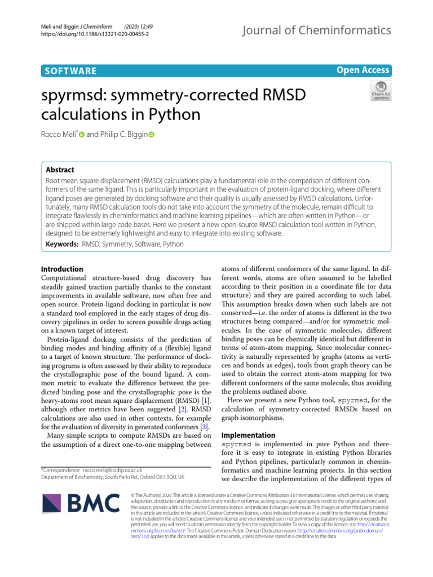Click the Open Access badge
click(x=363, y=70)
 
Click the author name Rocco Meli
click(x=59, y=135)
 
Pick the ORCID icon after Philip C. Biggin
click(x=151, y=135)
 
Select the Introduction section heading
click(x=63, y=269)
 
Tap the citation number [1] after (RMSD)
click(x=205, y=400)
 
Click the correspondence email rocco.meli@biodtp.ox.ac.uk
click(x=112, y=469)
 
